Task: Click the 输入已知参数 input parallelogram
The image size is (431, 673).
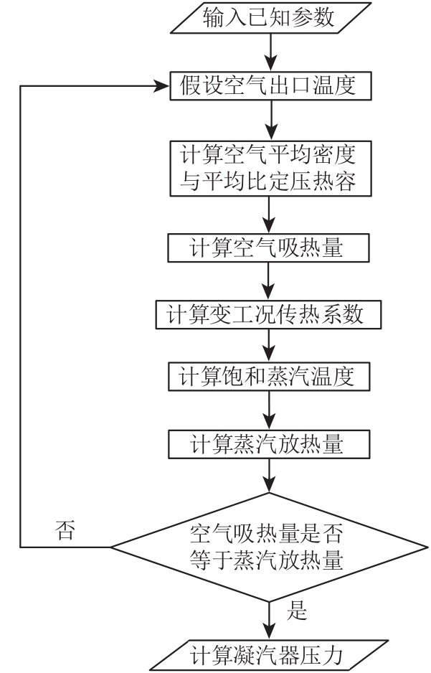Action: pos(270,18)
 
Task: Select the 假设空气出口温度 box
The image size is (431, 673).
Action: pos(270,86)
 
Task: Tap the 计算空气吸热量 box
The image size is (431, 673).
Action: pos(268,248)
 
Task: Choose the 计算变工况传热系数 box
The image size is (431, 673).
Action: pos(268,314)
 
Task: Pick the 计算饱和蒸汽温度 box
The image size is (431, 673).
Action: pos(269,377)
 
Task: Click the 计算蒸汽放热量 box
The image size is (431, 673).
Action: pos(269,444)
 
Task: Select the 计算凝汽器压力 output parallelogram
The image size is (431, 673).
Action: pos(269,655)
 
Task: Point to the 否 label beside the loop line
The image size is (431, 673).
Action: pos(65,530)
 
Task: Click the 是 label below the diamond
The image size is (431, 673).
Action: pos(297,610)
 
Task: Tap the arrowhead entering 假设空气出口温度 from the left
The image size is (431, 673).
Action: pos(162,86)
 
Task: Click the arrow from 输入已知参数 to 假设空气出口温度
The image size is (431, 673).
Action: pos(270,52)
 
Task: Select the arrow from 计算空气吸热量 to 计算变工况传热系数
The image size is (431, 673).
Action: pos(268,281)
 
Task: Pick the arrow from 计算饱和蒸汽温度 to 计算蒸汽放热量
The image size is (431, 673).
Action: pos(269,410)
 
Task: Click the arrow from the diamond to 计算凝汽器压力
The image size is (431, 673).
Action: pos(269,621)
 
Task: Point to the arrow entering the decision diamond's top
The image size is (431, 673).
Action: pos(269,476)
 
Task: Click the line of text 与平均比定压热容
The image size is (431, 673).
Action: pos(268,182)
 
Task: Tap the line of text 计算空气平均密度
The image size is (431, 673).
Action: pos(268,155)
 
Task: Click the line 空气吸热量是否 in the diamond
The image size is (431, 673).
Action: pos(267,535)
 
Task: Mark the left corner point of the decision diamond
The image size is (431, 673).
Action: pos(110,547)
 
